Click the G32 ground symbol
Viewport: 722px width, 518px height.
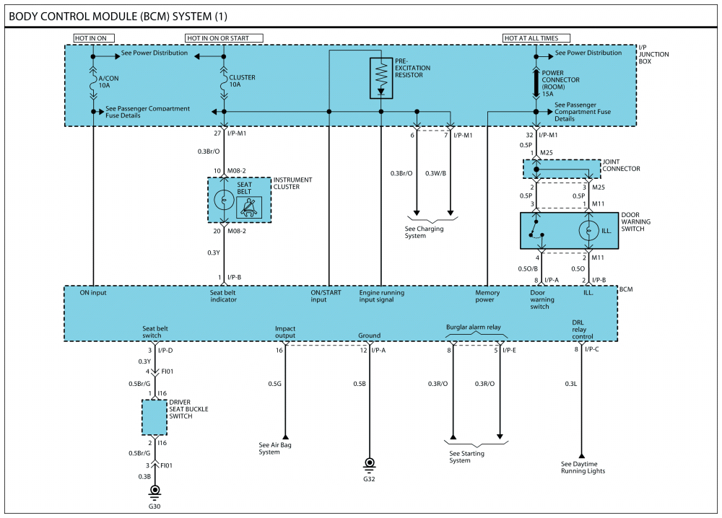[x=370, y=463]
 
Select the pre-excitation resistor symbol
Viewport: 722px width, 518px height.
[x=381, y=76]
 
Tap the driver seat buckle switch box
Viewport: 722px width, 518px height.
[x=155, y=416]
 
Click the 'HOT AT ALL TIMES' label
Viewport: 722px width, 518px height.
[x=536, y=38]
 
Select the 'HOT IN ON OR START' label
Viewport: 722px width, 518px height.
[x=224, y=38]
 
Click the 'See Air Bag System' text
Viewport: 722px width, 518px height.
[x=275, y=448]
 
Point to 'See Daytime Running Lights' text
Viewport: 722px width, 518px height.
[x=583, y=467]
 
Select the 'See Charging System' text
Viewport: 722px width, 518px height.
[x=424, y=232]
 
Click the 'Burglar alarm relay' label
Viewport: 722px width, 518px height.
[x=473, y=327]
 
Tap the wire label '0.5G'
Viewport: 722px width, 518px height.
[x=274, y=384]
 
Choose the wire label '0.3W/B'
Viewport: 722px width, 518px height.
[x=436, y=173]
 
